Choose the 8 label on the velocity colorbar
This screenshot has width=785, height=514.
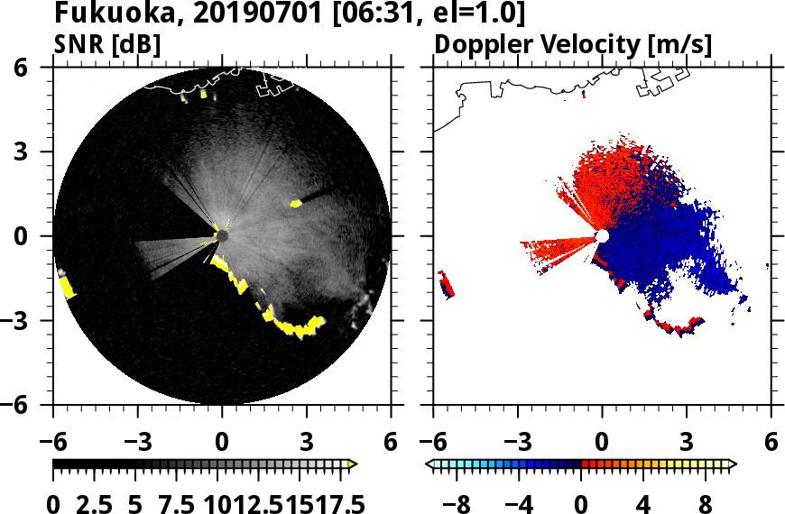[705, 503]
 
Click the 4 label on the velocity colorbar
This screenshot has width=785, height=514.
[643, 503]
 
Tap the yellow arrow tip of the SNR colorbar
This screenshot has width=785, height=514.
[353, 464]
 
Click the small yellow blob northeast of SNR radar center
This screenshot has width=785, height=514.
[295, 204]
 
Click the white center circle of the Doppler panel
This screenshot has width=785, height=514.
[602, 236]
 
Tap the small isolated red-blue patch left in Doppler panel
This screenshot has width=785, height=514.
[446, 284]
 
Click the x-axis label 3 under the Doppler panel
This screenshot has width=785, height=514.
[686, 443]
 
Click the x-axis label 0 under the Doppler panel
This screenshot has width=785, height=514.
[602, 443]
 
